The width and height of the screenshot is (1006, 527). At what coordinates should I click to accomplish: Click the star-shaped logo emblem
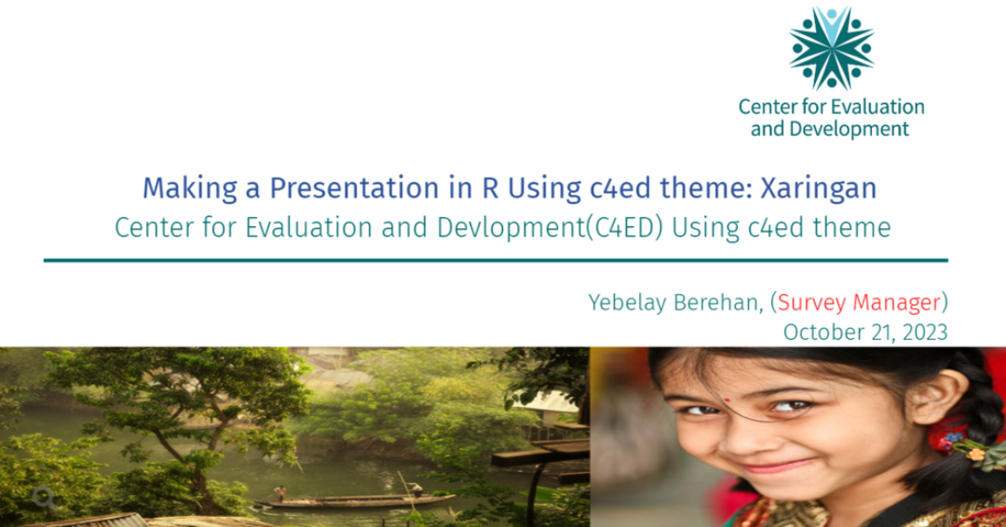pos(832,48)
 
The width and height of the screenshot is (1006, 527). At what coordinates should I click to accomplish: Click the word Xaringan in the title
pos(819,188)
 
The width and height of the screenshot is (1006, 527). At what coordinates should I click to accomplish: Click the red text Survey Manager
pos(859,302)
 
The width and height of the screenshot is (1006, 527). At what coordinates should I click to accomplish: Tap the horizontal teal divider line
pos(496,261)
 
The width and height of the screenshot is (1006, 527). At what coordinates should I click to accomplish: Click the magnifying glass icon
pos(45,498)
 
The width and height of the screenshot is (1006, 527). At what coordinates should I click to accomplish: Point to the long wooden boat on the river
pos(355,501)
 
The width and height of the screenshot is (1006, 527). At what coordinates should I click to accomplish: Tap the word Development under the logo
pos(849,128)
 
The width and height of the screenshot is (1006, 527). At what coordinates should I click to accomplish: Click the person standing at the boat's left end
pos(279,493)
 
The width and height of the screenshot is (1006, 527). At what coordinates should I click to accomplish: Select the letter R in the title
pos(490,188)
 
